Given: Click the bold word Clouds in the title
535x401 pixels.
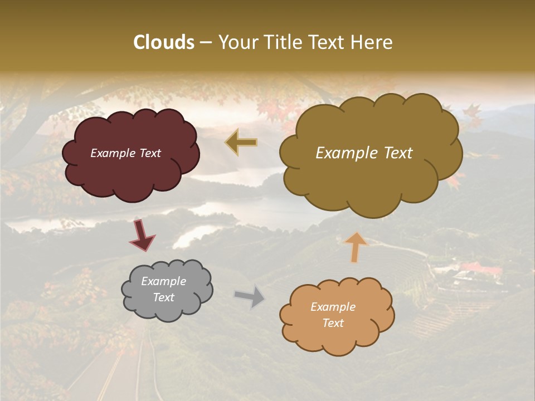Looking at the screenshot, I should [x=164, y=42].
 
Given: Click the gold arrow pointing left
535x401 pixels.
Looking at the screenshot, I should [x=241, y=143].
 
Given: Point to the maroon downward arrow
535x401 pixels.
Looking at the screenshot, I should [x=142, y=236].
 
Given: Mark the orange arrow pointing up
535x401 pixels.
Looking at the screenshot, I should [x=355, y=247].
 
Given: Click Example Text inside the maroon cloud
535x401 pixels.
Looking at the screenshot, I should [x=125, y=153].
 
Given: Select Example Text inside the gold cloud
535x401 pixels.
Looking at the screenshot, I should [x=364, y=153].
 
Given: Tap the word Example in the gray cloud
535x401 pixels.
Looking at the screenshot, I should [x=163, y=281].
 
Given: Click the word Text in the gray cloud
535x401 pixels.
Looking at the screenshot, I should [x=163, y=297].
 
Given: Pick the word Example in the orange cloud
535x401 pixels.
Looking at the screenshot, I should [x=333, y=307].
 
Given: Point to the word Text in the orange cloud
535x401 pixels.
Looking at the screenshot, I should [x=333, y=323].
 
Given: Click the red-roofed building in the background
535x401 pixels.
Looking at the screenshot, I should [x=481, y=270].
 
